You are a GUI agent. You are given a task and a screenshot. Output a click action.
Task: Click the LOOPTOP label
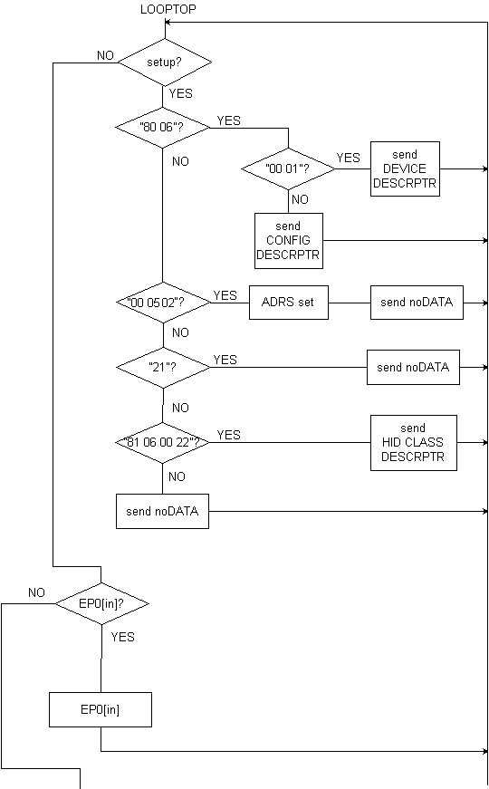(x=168, y=10)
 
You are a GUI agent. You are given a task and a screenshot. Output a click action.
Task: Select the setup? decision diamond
(x=165, y=63)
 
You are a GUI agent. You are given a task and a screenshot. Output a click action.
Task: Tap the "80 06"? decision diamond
(x=162, y=128)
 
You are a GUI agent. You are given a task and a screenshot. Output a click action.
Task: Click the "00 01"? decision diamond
(x=288, y=168)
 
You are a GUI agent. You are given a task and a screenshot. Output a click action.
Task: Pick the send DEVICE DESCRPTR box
(x=405, y=169)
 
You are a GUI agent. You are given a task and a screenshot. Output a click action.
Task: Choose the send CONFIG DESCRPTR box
(x=289, y=241)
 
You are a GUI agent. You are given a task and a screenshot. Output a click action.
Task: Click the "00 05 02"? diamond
(x=164, y=303)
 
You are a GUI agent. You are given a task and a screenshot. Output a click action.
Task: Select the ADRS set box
(x=289, y=303)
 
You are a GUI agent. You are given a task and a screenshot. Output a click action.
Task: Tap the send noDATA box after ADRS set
(x=417, y=303)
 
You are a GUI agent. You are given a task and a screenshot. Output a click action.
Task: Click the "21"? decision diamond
(x=164, y=368)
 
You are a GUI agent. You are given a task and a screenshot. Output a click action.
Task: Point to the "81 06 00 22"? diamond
(x=162, y=442)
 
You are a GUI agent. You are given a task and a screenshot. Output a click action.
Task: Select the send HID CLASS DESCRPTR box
(x=414, y=443)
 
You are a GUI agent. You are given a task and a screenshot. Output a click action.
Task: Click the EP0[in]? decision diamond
(x=102, y=603)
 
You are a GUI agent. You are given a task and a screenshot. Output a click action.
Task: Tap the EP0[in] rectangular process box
(x=101, y=709)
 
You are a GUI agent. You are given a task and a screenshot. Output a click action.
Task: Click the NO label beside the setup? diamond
(x=105, y=55)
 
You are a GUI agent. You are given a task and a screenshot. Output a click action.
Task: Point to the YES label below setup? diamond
(x=180, y=93)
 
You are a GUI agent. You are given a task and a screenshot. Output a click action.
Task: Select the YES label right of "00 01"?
(x=348, y=158)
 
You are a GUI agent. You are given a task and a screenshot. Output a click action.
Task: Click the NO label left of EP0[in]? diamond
(x=36, y=592)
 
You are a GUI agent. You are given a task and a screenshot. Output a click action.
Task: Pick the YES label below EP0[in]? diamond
(x=123, y=637)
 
